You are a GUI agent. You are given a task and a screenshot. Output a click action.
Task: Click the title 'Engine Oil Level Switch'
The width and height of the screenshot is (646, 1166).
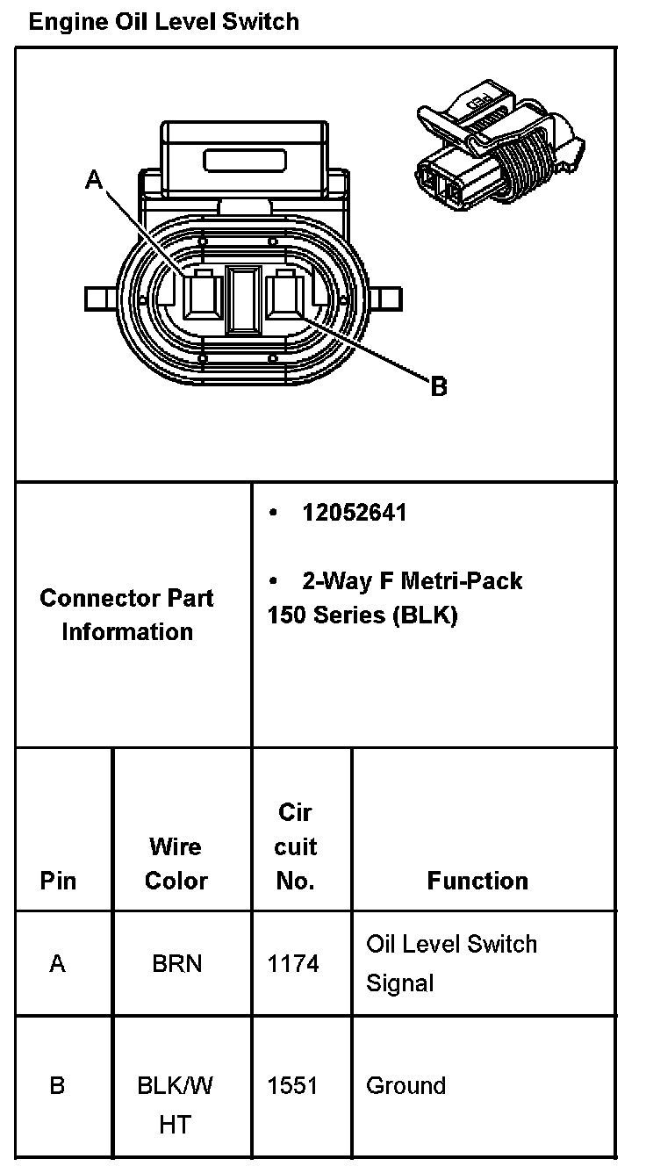[x=164, y=22]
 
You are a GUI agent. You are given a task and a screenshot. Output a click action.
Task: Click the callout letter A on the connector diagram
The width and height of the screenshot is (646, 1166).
[x=94, y=180]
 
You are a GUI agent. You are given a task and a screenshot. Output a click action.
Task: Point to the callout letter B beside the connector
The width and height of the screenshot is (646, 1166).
[x=439, y=385]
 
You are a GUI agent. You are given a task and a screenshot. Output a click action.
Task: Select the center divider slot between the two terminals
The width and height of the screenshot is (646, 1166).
[x=241, y=299]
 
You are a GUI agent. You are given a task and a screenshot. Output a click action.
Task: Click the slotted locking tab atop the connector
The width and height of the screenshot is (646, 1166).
[x=245, y=160]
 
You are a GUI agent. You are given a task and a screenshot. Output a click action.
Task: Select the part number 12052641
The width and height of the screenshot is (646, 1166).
[x=355, y=513]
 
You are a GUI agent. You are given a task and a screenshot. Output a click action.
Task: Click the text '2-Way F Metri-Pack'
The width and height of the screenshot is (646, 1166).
[x=412, y=580]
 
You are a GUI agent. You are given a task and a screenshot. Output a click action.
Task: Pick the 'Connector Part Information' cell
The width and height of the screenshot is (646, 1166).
[x=127, y=615]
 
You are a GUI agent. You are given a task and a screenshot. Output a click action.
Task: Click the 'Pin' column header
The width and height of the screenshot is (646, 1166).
[x=58, y=881]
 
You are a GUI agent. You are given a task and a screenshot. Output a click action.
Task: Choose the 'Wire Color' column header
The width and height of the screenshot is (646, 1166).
[x=176, y=864]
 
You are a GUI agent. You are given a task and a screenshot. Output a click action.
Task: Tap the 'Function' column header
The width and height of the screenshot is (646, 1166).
[x=477, y=881]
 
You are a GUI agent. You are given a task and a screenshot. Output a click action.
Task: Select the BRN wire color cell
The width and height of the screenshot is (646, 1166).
[x=176, y=964]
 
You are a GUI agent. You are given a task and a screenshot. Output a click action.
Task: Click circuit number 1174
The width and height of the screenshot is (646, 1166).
[x=293, y=964]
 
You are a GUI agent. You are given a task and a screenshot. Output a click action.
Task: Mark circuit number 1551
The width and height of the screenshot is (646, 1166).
[x=292, y=1086]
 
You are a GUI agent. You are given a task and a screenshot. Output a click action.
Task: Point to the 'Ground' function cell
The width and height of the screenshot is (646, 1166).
[x=406, y=1086]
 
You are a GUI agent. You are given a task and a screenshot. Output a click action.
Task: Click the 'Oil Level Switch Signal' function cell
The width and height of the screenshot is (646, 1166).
[x=451, y=963]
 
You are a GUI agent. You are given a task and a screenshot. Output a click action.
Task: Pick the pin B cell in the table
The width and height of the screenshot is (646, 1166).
[x=58, y=1086]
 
